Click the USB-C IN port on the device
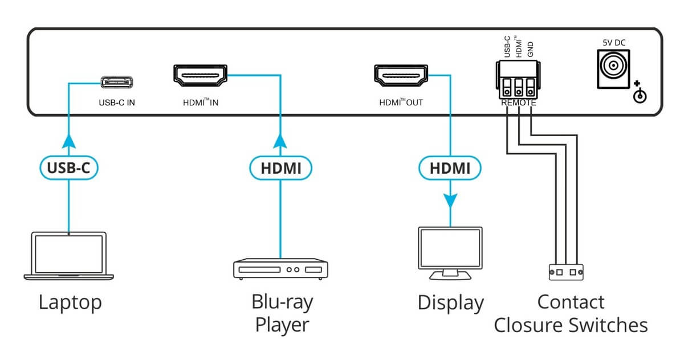[119, 82]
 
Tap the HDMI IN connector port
[199, 76]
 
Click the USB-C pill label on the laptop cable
[69, 167]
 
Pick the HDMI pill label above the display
[450, 167]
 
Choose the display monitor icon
[450, 253]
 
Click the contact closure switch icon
[566, 272]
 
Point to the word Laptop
[70, 302]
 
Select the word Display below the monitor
[450, 302]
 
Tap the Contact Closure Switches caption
[571, 313]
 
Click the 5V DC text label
[614, 42]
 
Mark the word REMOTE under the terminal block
[518, 103]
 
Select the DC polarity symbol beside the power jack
[640, 93]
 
